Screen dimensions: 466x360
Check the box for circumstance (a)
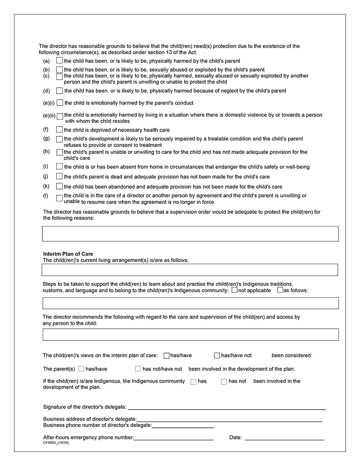(x=59, y=60)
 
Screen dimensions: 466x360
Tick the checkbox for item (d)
(x=59, y=90)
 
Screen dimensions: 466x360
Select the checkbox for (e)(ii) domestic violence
(x=60, y=117)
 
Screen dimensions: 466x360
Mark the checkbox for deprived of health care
(x=59, y=130)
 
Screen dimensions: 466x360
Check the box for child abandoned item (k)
(x=59, y=186)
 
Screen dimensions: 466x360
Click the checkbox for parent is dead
(x=59, y=176)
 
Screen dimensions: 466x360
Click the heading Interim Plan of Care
(x=68, y=254)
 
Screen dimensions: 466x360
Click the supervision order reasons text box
(x=190, y=234)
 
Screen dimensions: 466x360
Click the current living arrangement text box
(x=189, y=270)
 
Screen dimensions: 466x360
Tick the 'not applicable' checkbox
(x=234, y=290)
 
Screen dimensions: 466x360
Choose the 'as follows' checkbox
(x=280, y=290)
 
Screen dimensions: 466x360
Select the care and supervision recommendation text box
(x=190, y=335)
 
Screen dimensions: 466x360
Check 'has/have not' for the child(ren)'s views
(x=217, y=355)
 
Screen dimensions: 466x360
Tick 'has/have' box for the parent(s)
(x=81, y=369)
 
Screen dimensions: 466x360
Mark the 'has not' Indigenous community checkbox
(x=224, y=381)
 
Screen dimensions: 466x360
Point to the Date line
(x=284, y=437)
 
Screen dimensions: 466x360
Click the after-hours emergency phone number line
(x=174, y=437)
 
